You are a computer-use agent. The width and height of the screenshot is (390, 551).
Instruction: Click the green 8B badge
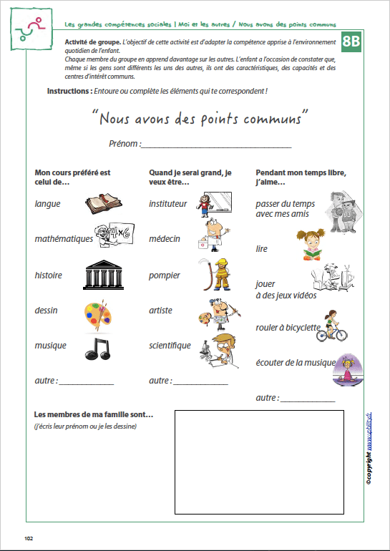pyautogui.click(x=351, y=42)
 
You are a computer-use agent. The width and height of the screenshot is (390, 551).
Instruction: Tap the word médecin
pyautogui.click(x=165, y=239)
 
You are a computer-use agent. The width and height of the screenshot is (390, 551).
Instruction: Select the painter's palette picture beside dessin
pyautogui.click(x=97, y=313)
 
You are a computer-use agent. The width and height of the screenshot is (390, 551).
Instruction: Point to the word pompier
pyautogui.click(x=165, y=275)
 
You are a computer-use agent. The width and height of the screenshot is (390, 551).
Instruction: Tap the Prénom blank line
pyautogui.click(x=217, y=145)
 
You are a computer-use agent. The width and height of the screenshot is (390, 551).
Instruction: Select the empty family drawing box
pyautogui.click(x=259, y=462)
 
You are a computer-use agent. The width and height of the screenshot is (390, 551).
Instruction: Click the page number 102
pyautogui.click(x=29, y=538)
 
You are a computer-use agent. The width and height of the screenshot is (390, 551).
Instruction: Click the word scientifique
pyautogui.click(x=170, y=346)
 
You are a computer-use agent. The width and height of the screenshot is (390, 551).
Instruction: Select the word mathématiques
pyautogui.click(x=64, y=239)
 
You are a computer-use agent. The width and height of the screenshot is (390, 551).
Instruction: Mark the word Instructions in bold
pyautogui.click(x=69, y=92)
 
